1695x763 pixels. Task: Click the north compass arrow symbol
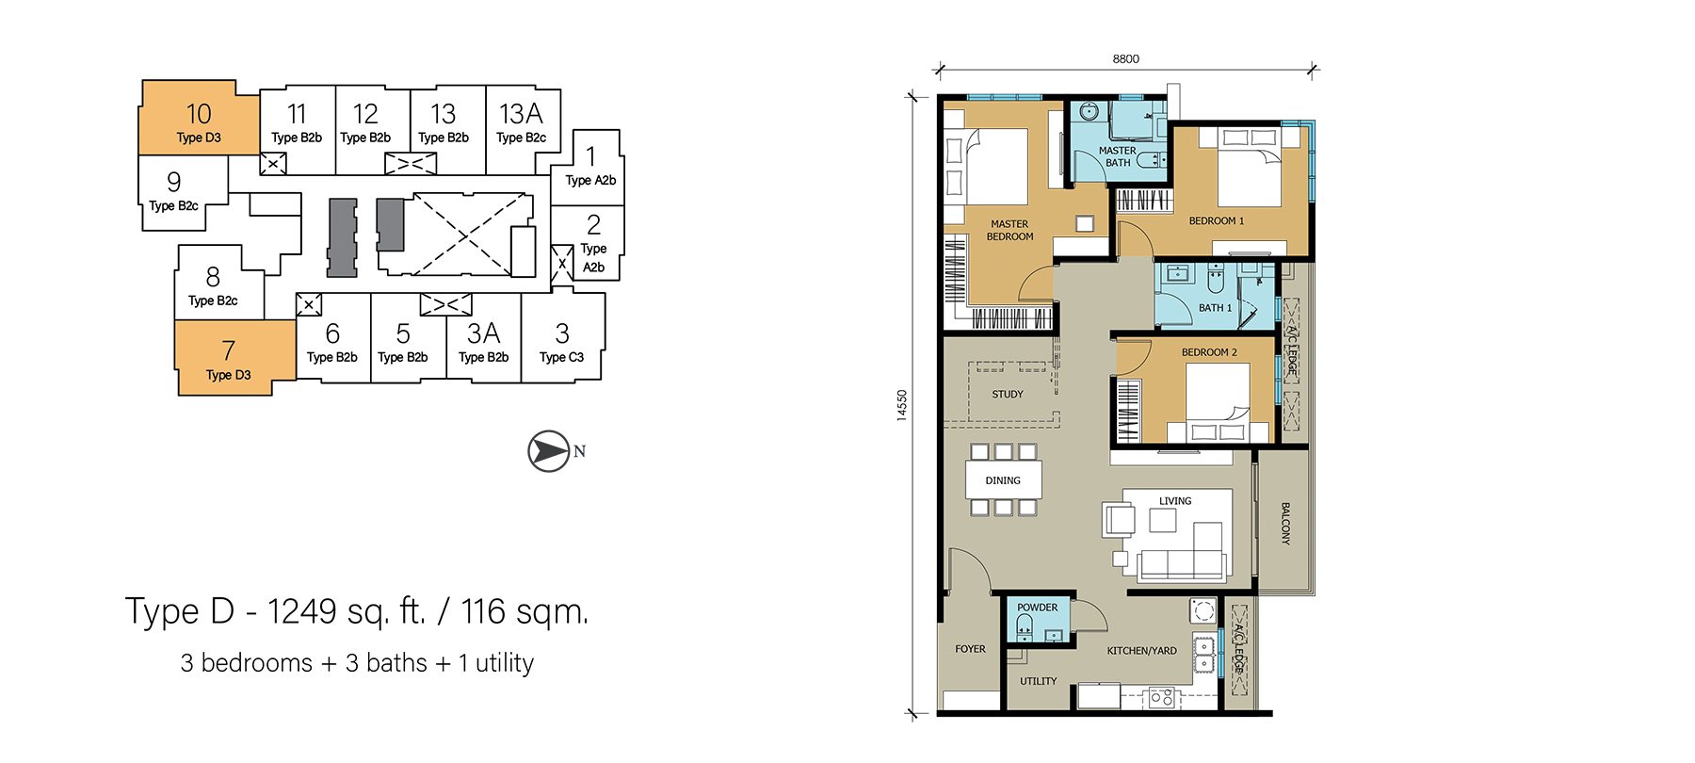coord(549,451)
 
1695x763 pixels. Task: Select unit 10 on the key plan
coord(199,118)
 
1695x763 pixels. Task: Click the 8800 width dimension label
coord(1126,58)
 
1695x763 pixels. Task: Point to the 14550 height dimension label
coord(902,405)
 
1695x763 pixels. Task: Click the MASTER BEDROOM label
coord(1009,230)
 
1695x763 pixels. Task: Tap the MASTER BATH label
coord(1118,156)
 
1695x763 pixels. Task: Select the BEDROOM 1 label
coord(1217,220)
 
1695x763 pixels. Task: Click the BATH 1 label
coord(1215,307)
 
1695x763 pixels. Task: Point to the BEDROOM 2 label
coord(1209,352)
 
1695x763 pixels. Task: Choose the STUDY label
coord(1008,394)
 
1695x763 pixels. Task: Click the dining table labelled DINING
coord(1003,480)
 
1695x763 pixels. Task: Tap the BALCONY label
coord(1285,523)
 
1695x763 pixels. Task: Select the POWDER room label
coord(1038,608)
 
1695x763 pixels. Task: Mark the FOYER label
coord(970,649)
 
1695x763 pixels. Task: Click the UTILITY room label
coord(1039,681)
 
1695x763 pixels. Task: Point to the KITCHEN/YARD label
coord(1141,650)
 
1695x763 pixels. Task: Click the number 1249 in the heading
coord(301,612)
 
